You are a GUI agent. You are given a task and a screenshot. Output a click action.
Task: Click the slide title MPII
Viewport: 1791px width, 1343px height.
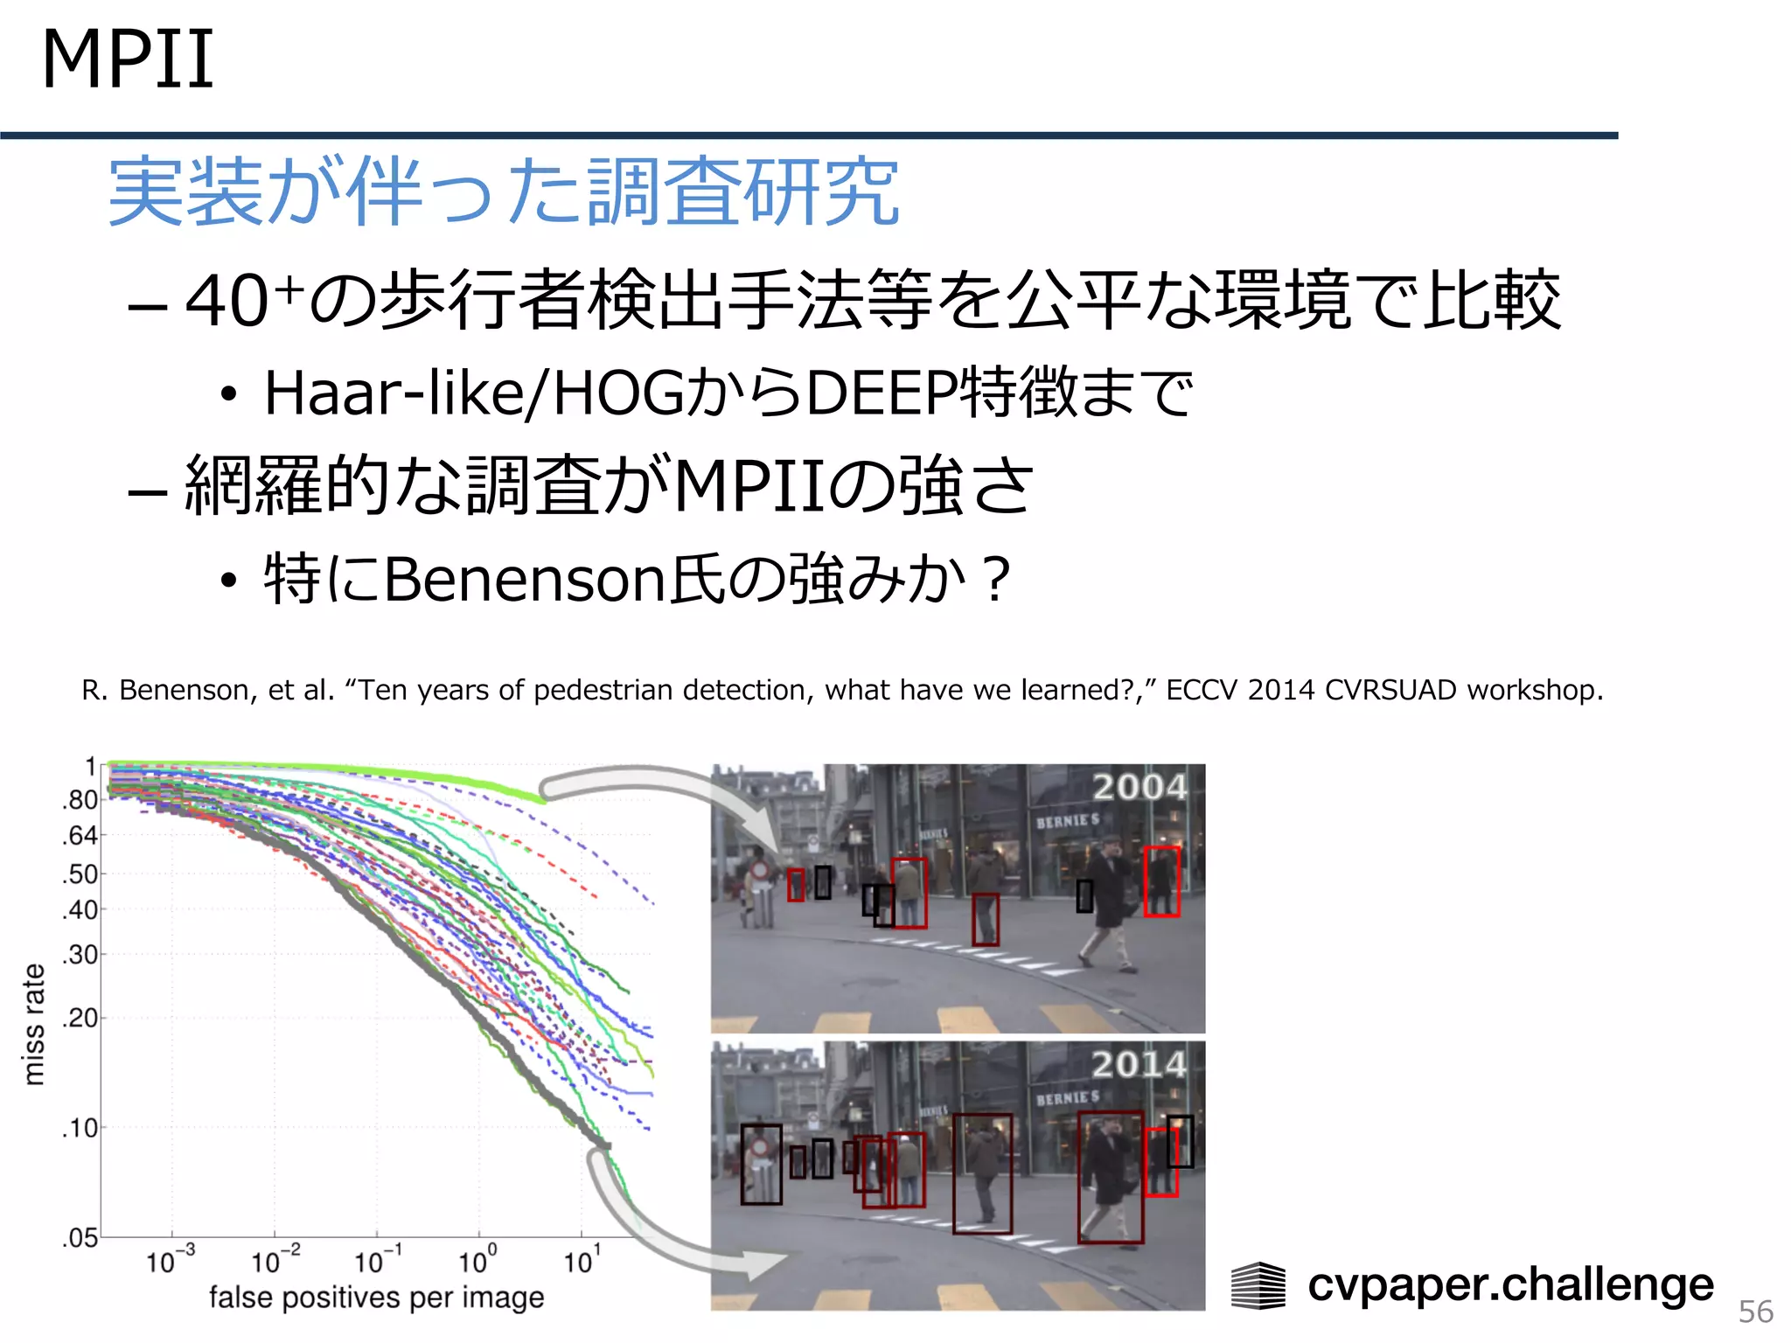[128, 59]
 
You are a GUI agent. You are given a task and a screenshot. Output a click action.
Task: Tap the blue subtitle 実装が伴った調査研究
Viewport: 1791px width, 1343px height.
[503, 192]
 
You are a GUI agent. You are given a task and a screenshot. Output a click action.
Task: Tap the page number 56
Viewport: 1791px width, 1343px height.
[1755, 1312]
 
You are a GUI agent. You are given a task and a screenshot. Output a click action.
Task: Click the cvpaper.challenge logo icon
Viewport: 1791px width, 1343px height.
[1258, 1285]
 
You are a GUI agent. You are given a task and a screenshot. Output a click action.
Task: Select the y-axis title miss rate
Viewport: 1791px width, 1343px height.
[33, 1024]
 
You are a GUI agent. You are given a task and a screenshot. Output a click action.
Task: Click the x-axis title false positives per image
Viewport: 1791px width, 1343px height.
[376, 1298]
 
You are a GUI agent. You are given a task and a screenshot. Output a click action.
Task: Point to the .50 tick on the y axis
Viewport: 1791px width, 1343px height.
[80, 873]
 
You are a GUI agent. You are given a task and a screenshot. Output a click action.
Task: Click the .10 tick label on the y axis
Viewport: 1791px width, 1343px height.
[80, 1128]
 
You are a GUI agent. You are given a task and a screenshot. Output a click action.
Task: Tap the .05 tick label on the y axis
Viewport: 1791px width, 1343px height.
[80, 1237]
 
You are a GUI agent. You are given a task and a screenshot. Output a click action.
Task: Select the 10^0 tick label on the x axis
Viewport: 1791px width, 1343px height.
[477, 1261]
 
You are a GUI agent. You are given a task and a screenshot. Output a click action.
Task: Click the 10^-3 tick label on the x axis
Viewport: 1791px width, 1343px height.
[169, 1261]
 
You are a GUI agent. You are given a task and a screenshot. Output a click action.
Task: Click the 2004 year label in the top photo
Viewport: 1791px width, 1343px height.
[1139, 787]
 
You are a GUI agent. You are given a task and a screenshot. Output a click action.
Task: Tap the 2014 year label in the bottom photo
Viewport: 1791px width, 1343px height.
[1139, 1064]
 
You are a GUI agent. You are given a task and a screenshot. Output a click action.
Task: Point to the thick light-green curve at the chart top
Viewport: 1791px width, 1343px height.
[350, 769]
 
